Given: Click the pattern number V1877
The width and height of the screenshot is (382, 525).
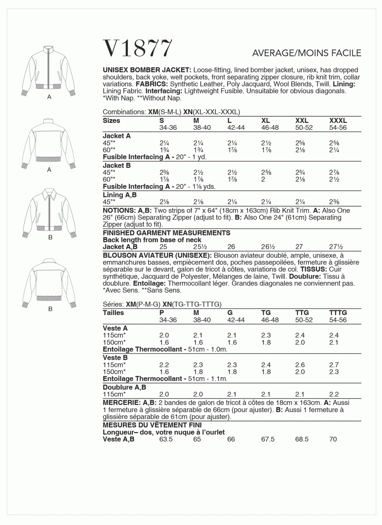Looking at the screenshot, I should click(x=138, y=49).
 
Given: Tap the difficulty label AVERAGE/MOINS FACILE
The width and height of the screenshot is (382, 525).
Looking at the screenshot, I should click(x=307, y=53).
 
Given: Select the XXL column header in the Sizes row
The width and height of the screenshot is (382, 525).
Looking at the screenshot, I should click(x=302, y=121).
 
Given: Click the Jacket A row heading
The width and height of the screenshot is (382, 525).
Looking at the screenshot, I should click(x=117, y=136).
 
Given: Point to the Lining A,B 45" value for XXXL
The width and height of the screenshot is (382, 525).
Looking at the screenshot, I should click(x=334, y=202).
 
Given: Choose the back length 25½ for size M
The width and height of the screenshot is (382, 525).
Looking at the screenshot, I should click(x=199, y=247).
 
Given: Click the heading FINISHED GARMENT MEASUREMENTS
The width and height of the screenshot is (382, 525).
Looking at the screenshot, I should click(x=166, y=233).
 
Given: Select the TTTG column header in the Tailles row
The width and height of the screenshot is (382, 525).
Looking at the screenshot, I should click(x=338, y=313).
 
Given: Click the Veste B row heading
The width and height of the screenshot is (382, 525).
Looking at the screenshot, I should click(x=115, y=358).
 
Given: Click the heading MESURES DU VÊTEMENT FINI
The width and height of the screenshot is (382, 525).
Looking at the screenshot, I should click(x=152, y=425).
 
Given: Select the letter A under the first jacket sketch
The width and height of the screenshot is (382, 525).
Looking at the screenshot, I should click(x=49, y=97).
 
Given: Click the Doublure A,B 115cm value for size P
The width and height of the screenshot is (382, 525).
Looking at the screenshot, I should click(x=164, y=395).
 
